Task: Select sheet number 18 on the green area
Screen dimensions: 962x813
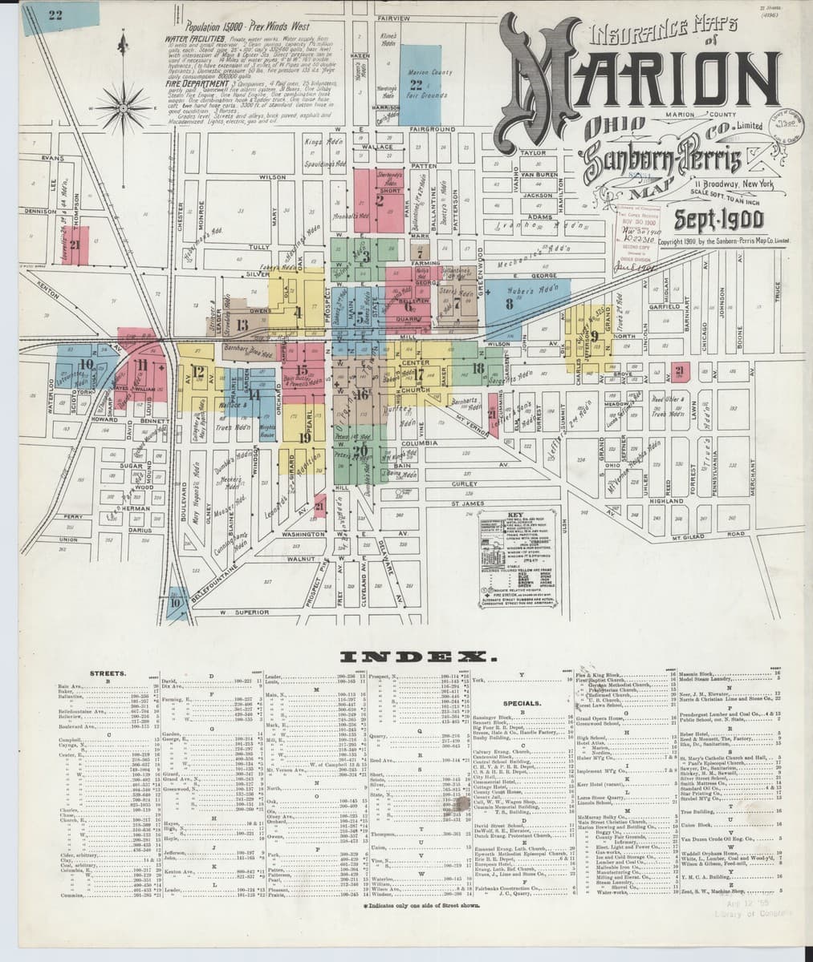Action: coord(477,368)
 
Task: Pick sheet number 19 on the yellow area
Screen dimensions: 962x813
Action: coord(305,438)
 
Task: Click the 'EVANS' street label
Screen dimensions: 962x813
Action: coord(53,158)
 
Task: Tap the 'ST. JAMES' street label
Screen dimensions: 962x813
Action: coord(465,504)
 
